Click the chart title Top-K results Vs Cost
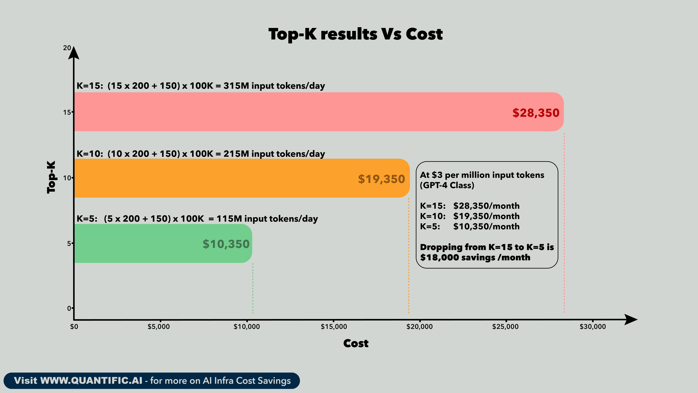tap(356, 34)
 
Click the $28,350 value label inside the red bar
tap(536, 113)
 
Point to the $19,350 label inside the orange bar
tap(381, 179)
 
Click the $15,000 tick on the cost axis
tap(334, 327)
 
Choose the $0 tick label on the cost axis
tap(74, 327)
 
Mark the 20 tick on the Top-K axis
tap(67, 48)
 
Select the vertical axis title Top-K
tap(51, 177)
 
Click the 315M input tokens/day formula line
tap(201, 86)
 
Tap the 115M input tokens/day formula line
tap(197, 219)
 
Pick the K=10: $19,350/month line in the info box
tap(470, 216)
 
